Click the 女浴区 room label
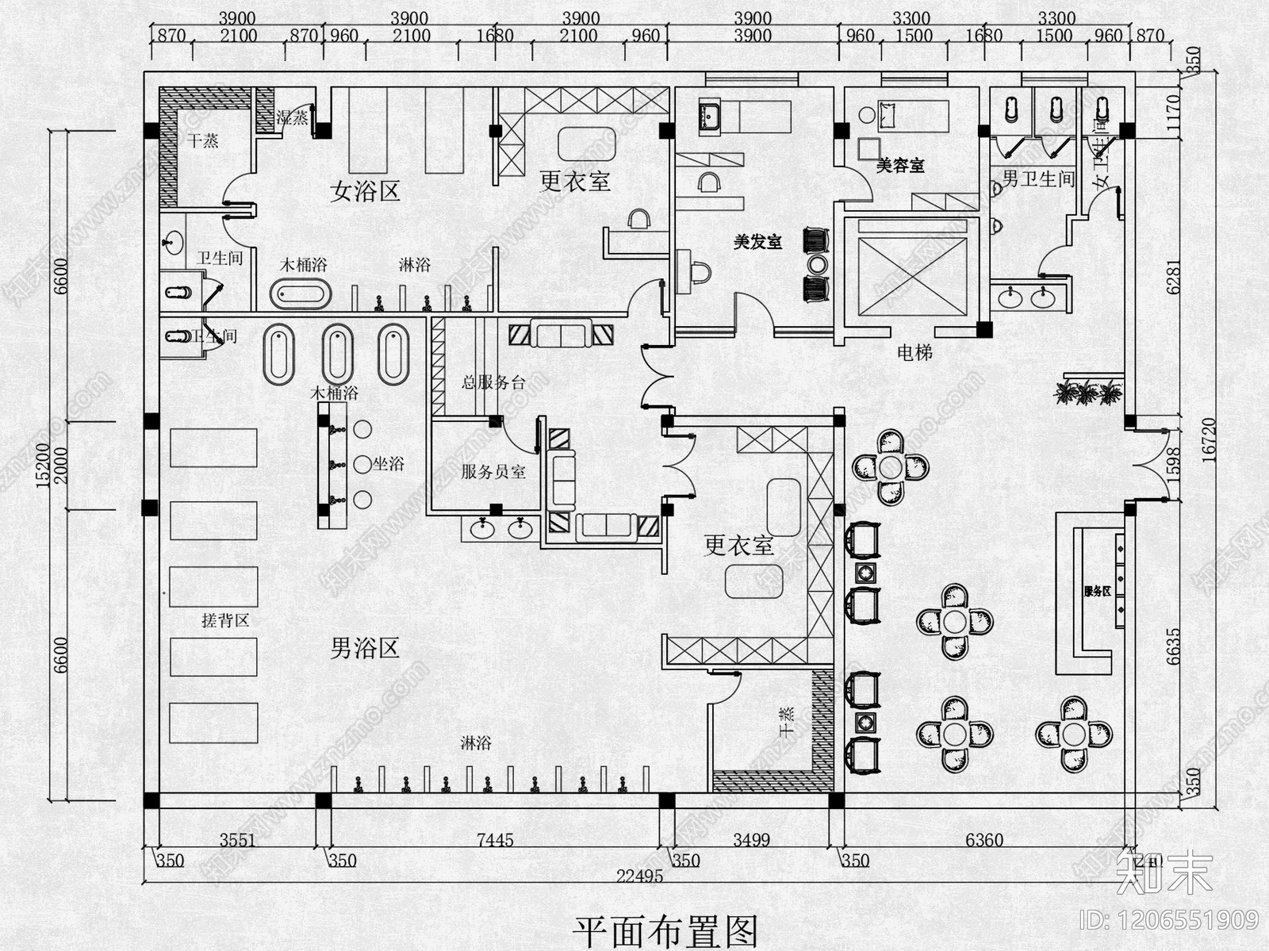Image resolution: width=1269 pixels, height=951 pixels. (x=365, y=191)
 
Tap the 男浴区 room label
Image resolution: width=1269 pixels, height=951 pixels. (x=364, y=649)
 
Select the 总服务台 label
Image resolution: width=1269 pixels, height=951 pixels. (x=493, y=382)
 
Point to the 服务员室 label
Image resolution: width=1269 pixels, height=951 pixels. (x=493, y=472)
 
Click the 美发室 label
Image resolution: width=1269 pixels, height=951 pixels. (x=757, y=242)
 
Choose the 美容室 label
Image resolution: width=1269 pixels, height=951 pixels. (x=900, y=166)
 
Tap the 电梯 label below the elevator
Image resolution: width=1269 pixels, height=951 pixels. (x=914, y=352)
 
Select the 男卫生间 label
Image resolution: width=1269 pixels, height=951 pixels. (x=1037, y=179)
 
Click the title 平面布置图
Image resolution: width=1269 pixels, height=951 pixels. (x=665, y=930)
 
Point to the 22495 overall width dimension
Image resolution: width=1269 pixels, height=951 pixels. (x=639, y=876)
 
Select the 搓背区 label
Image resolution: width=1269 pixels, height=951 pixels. (x=225, y=620)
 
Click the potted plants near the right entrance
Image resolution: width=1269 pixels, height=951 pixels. (x=1087, y=391)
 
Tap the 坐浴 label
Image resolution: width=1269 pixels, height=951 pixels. (x=389, y=464)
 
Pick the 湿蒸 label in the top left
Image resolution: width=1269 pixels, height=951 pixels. (x=292, y=118)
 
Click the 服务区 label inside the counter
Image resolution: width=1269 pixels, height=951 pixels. (x=1097, y=592)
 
